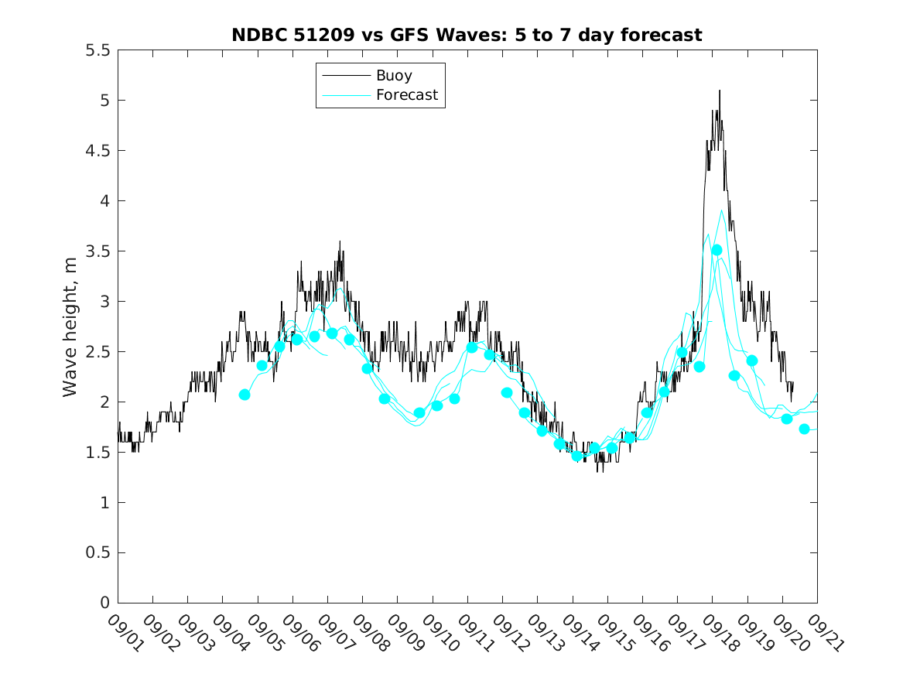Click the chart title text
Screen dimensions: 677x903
467,35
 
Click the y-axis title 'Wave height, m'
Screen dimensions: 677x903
70,327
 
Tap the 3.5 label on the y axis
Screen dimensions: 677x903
101,251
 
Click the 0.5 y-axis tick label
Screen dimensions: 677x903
101,553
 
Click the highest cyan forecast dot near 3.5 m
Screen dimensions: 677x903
717,250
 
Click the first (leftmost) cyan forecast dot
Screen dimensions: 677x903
245,395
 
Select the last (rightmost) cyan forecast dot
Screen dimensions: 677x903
804,429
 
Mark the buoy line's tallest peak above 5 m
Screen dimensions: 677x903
720,91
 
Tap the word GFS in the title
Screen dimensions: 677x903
397,35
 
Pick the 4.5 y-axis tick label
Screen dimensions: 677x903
101,151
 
